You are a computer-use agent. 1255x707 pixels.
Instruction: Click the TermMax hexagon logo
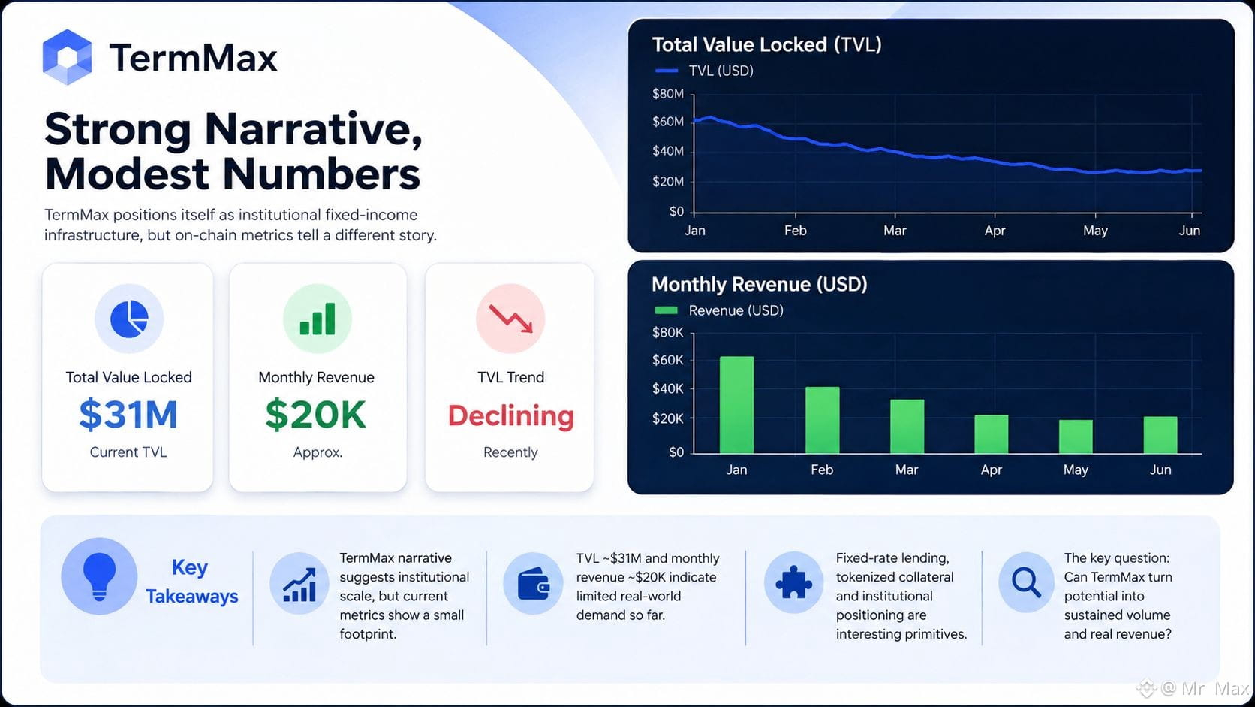[68, 56]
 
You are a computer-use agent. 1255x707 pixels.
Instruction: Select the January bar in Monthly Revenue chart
[736, 404]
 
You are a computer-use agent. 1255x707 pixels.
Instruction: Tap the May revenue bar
[1076, 437]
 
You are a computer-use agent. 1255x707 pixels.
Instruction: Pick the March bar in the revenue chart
[907, 426]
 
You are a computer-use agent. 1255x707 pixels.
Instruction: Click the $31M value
[128, 414]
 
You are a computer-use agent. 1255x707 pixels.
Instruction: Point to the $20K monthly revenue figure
[316, 414]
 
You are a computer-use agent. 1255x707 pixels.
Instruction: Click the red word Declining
[511, 416]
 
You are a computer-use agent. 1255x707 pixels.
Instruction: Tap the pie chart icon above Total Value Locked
[129, 319]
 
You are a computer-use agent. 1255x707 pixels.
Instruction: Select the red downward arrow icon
[510, 319]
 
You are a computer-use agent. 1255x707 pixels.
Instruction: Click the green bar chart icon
[317, 319]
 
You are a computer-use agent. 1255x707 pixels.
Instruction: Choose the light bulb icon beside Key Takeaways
[99, 576]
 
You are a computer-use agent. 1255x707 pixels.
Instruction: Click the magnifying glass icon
[1026, 582]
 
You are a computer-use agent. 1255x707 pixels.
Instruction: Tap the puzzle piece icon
[793, 582]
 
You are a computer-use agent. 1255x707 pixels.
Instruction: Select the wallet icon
[533, 583]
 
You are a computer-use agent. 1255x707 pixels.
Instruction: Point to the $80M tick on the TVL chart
[668, 94]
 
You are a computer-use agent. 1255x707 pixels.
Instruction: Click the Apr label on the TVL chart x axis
[995, 231]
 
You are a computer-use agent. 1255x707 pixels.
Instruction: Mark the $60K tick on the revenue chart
[668, 360]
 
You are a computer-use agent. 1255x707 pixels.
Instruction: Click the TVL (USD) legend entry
[704, 71]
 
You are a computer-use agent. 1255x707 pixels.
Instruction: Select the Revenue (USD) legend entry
[719, 310]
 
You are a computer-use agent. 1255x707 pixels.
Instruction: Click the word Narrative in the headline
[313, 129]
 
